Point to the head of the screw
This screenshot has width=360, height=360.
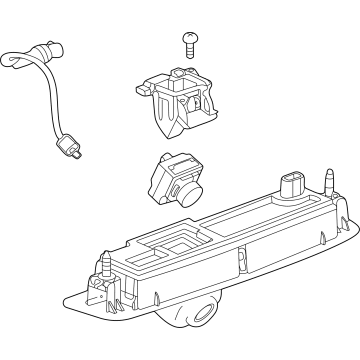pyautogui.click(x=189, y=37)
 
